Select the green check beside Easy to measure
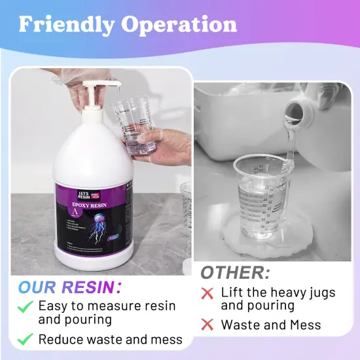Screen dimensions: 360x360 click(x=25, y=306)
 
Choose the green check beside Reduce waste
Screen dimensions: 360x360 click(x=25, y=338)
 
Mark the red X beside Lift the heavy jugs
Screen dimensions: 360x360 click(x=207, y=293)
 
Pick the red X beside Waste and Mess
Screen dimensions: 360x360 click(x=207, y=324)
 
